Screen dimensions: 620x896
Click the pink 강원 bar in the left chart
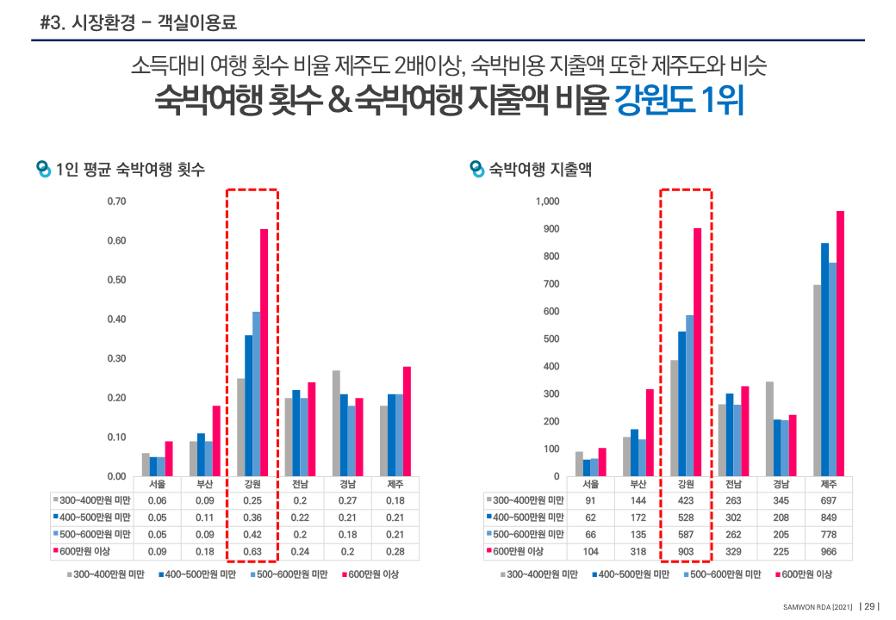pos(264,352)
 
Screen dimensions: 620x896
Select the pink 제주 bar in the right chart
pos(840,344)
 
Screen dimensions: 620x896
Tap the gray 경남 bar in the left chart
pos(336,423)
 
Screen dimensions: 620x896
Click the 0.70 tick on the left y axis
pos(116,201)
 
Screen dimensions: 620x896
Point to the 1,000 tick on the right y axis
pos(547,201)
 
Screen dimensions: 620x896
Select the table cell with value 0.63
pos(252,551)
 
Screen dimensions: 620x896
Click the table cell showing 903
pos(686,551)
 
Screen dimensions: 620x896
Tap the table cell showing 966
pos(828,551)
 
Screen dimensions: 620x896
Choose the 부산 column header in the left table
pos(205,485)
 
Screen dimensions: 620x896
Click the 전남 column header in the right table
pos(733,485)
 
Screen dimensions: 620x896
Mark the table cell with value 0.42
pos(252,535)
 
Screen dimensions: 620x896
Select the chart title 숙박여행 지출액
pos(540,170)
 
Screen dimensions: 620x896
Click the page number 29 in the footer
pos(869,605)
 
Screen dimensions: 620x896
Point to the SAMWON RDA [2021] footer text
pos(818,606)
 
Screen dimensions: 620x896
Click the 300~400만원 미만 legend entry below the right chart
pos(541,574)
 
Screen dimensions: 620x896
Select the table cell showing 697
pos(828,501)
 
